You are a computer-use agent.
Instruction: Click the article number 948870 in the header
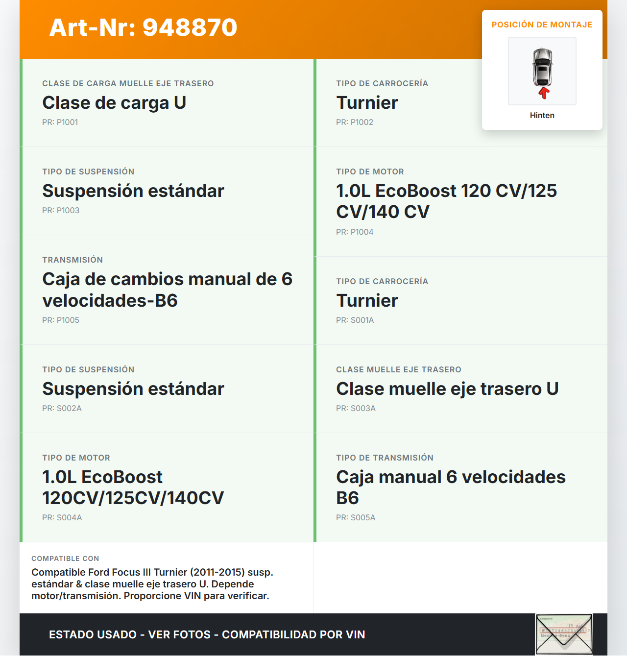tap(190, 27)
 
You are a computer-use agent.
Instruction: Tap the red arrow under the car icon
tap(543, 93)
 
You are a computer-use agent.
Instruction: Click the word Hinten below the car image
tap(542, 116)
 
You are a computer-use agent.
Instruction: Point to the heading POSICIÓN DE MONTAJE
tap(542, 25)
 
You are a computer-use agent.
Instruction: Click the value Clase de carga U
tap(114, 103)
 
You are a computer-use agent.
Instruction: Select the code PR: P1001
tap(60, 122)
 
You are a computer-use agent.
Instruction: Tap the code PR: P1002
tap(355, 122)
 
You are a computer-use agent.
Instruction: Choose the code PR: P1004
tap(355, 232)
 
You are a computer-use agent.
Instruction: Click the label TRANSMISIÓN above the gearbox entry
tap(72, 260)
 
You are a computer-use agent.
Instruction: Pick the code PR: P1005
tap(61, 320)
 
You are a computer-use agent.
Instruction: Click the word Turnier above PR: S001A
tap(367, 301)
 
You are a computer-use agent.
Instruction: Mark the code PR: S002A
tap(62, 409)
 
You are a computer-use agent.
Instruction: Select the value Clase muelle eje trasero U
tap(447, 389)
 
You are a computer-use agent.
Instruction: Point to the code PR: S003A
tap(356, 409)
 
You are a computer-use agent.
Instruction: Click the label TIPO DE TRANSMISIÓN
tap(385, 458)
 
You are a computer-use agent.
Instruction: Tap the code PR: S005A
tap(356, 518)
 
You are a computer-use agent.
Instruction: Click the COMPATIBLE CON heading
tap(65, 559)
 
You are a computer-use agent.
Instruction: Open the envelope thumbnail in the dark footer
tap(564, 634)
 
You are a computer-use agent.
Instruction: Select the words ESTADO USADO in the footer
tap(93, 635)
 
